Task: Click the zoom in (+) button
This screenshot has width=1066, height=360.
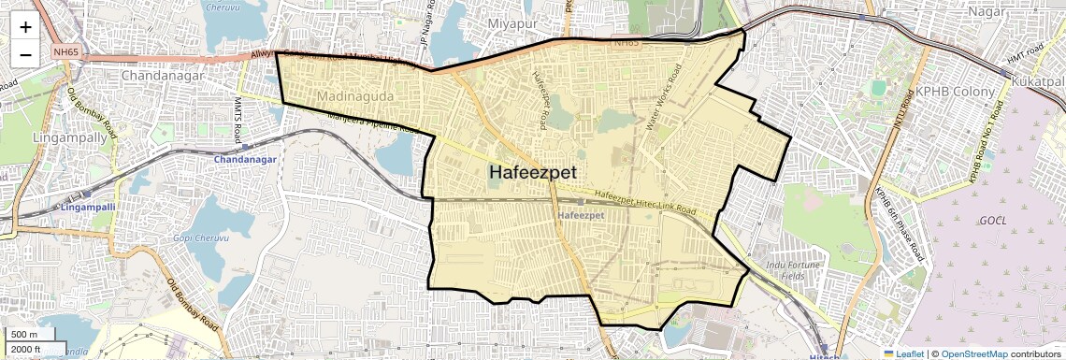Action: click(x=25, y=26)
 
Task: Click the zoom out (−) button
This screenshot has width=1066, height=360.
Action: click(x=25, y=54)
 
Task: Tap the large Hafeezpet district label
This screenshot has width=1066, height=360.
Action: click(x=532, y=173)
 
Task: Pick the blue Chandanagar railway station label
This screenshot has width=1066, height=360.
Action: click(x=246, y=160)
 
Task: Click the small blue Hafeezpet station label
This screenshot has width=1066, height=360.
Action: click(x=581, y=216)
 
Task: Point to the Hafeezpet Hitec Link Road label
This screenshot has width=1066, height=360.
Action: click(x=645, y=202)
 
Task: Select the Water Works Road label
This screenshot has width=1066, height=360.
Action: click(x=663, y=97)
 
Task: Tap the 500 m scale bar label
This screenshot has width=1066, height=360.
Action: click(x=25, y=335)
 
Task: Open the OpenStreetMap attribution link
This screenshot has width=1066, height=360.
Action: click(x=973, y=353)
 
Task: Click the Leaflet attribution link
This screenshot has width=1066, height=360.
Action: click(x=903, y=353)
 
